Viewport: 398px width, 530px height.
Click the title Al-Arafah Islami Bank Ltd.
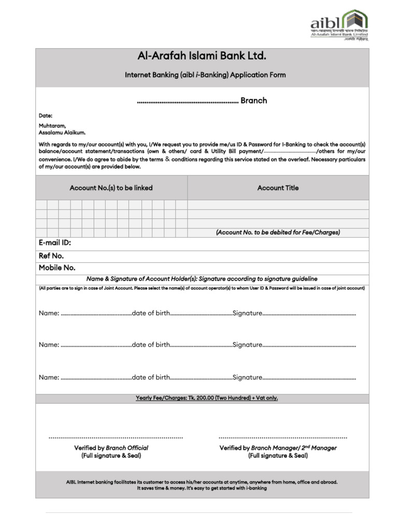tap(202, 56)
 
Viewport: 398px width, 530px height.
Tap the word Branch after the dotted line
tap(253, 100)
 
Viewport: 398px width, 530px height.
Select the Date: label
tap(46, 115)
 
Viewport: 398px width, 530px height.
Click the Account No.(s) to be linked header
tap(111, 188)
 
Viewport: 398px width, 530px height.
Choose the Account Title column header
tap(278, 188)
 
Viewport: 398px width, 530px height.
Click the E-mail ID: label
tap(54, 243)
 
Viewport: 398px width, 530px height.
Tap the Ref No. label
tap(51, 256)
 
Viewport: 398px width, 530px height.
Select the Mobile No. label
tap(57, 268)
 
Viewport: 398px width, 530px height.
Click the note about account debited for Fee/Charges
tap(278, 232)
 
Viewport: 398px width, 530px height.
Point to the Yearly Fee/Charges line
tap(207, 398)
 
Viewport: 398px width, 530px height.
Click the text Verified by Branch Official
tap(111, 448)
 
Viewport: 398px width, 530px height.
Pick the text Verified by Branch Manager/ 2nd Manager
tap(278, 448)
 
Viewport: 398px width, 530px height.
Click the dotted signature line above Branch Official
tap(116, 438)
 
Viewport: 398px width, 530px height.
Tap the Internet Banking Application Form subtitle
tap(205, 75)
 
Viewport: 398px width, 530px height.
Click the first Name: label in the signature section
tap(49, 313)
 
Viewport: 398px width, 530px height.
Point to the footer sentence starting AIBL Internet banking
tap(202, 482)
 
